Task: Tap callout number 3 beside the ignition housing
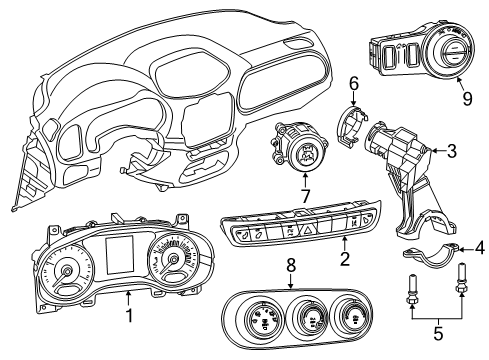click(x=451, y=152)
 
